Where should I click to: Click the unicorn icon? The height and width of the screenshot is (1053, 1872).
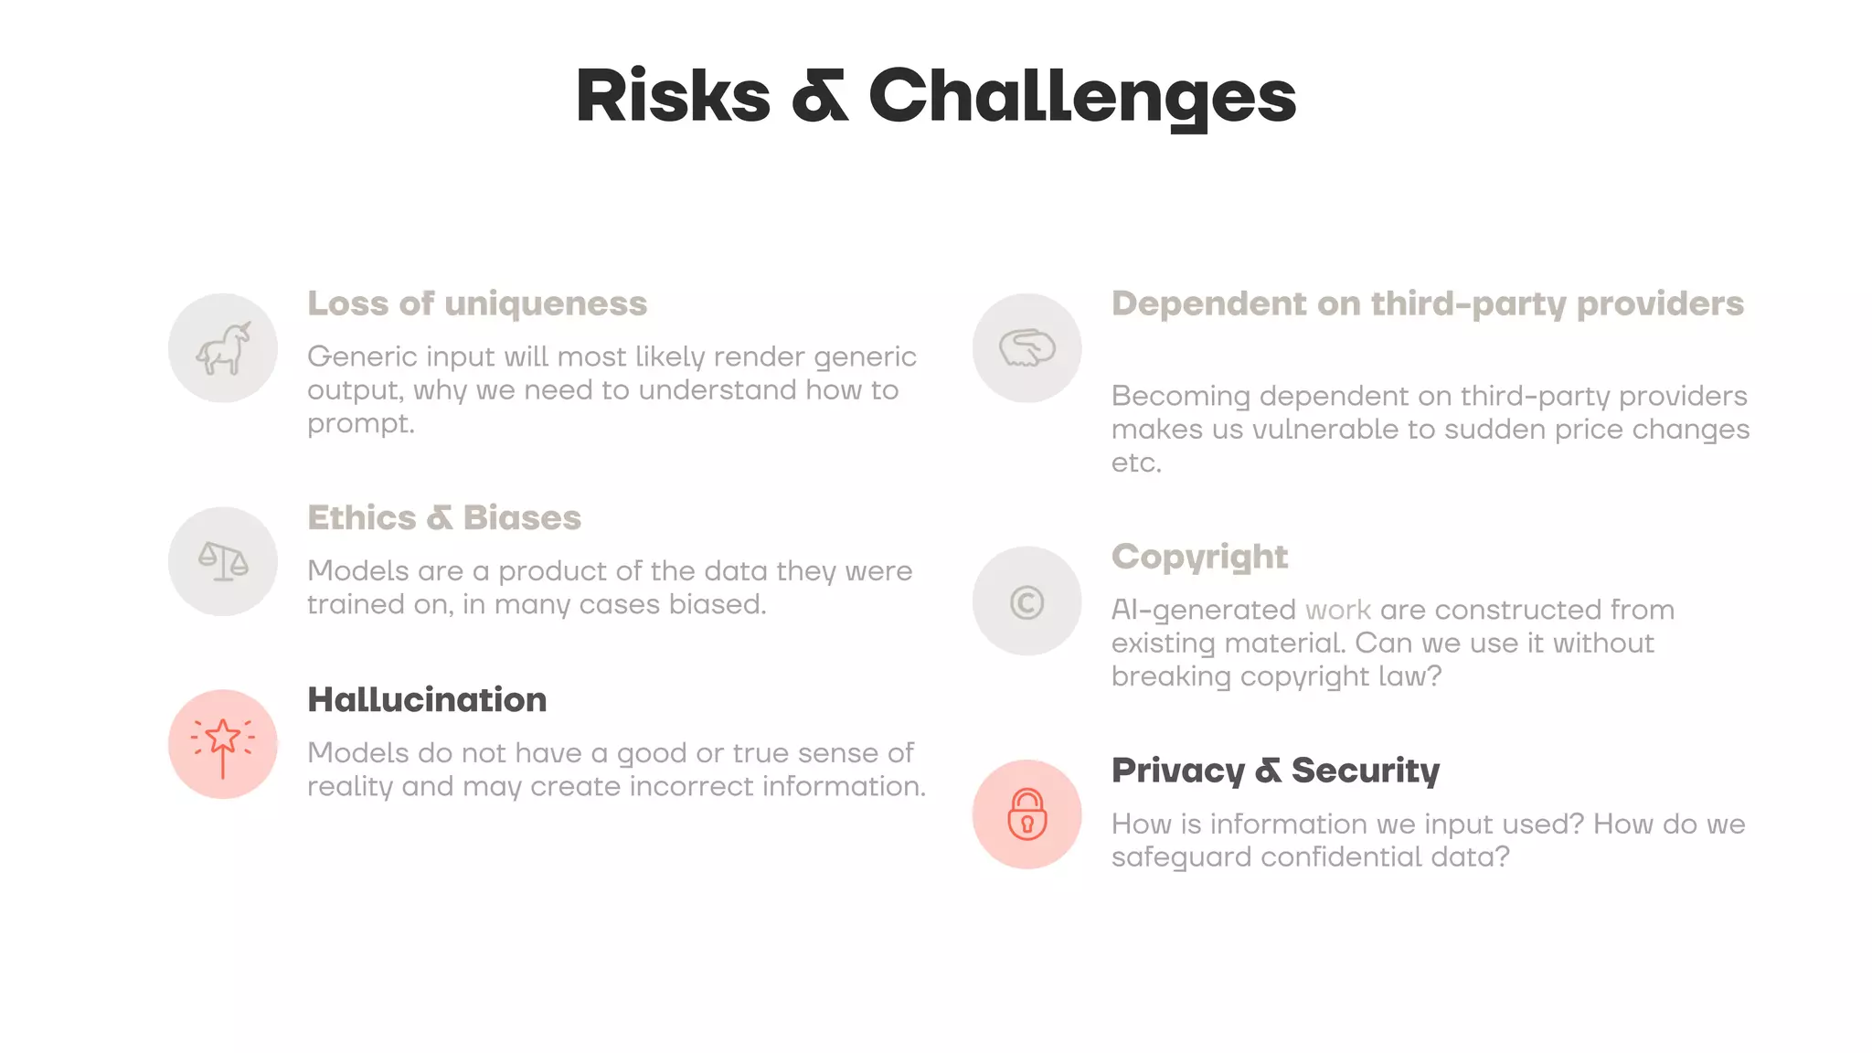pos(223,348)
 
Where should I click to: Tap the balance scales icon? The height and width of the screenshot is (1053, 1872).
pos(223,561)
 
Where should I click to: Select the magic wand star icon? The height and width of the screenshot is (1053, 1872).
pos(223,744)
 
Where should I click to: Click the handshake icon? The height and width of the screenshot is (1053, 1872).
pos(1026,348)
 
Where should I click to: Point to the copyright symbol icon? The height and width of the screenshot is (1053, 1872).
pos(1026,602)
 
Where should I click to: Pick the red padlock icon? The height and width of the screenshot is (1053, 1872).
pos(1026,814)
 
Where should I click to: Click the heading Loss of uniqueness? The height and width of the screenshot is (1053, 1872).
pos(476,303)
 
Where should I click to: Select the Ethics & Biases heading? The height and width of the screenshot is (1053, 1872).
pos(443,517)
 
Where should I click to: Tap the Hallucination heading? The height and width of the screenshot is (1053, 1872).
pos(427,700)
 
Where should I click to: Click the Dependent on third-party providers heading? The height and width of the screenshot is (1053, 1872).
pos(1427,303)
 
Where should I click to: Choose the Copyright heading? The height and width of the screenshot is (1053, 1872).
pos(1199,557)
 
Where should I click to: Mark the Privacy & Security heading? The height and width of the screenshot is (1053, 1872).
pos(1275,771)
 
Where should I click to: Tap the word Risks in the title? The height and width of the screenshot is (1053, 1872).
pos(673,97)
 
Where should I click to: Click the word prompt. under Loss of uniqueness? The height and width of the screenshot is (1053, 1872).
pos(360,424)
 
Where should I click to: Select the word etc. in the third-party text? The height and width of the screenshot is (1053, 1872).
pos(1136,463)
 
